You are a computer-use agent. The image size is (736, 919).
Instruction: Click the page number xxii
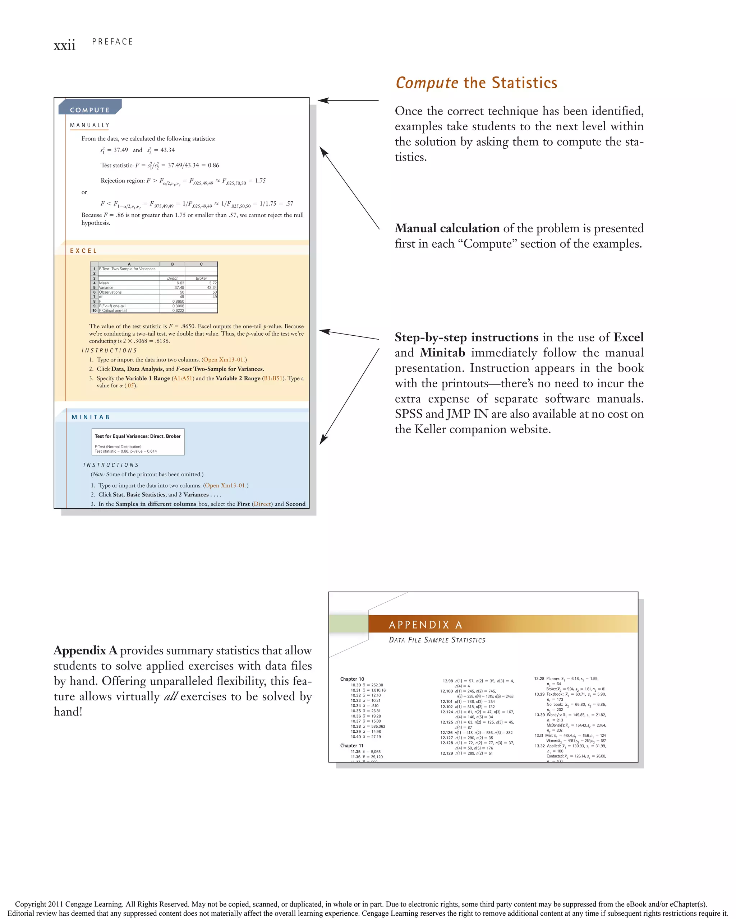(x=64, y=45)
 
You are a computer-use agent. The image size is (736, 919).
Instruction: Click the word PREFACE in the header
(x=112, y=42)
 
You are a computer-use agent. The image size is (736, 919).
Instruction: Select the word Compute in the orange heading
(x=427, y=83)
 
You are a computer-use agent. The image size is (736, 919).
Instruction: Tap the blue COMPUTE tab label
(x=89, y=110)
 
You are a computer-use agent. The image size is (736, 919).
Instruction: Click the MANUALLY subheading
(x=89, y=125)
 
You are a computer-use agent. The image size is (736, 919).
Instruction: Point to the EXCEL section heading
(x=84, y=251)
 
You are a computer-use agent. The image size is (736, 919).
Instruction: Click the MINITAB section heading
(x=91, y=417)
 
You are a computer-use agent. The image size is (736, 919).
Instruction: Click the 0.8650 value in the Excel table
(x=178, y=301)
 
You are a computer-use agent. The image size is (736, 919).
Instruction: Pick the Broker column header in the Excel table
(x=201, y=278)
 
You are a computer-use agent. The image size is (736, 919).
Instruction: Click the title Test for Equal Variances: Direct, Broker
(x=137, y=437)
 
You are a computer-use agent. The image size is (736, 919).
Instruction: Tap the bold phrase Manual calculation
(x=447, y=228)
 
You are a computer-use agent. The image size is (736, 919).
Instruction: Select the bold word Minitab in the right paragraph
(x=442, y=353)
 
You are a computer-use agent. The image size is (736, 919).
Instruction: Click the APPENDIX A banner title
(x=425, y=625)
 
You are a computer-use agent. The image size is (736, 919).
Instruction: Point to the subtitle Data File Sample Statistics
(x=437, y=640)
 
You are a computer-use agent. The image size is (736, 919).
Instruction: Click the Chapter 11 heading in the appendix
(x=351, y=746)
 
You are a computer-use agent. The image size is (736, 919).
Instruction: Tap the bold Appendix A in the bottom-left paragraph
(x=85, y=651)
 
